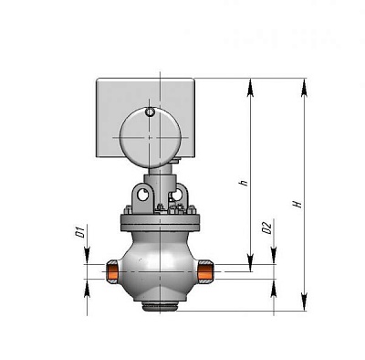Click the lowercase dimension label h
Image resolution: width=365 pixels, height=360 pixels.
243,182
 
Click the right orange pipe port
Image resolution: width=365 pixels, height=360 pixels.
208,270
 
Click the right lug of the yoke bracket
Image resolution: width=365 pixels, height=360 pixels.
181,195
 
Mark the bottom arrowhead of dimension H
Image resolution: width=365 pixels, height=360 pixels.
303,309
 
